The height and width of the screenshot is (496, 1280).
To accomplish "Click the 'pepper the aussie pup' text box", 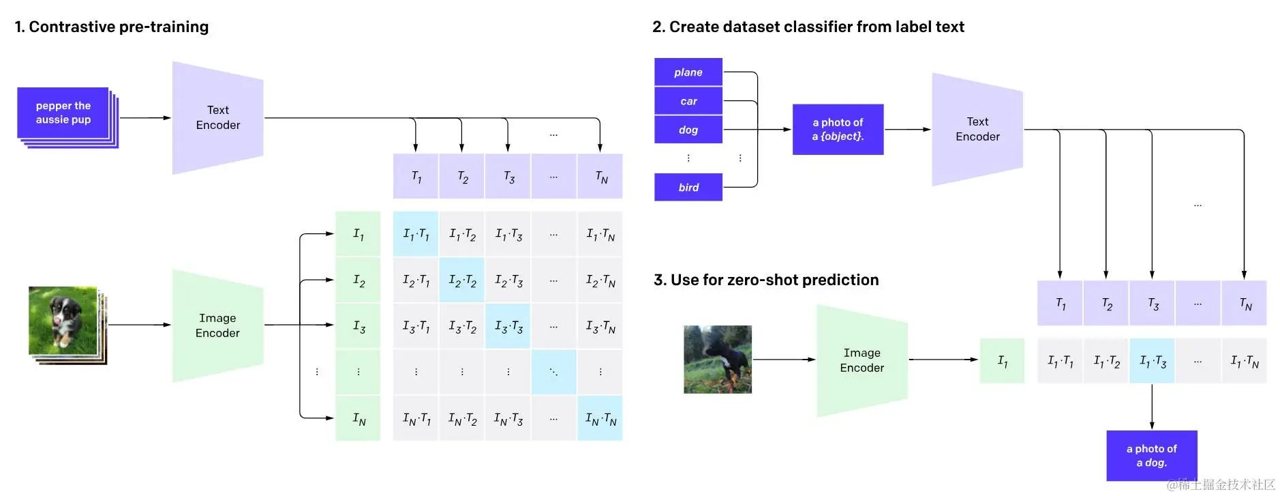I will (63, 113).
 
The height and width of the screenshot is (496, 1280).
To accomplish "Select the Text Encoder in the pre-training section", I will (217, 118).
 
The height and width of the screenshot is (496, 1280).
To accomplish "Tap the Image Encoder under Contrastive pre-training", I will (217, 325).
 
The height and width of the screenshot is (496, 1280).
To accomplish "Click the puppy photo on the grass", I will (63, 320).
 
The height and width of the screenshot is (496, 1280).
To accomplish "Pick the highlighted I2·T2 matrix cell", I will (462, 280).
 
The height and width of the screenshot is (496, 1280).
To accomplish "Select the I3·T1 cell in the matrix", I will (416, 327).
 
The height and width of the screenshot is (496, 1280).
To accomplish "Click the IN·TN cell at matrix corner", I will (600, 418).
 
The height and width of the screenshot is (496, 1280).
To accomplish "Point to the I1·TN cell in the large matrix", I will (600, 234).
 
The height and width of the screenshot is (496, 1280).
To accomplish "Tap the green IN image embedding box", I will (359, 418).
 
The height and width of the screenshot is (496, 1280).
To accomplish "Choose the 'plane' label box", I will (688, 72).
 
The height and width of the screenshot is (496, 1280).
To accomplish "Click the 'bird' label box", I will (688, 187).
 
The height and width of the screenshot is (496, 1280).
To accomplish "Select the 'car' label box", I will (688, 101).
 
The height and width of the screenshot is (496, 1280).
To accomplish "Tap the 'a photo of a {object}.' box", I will (838, 130).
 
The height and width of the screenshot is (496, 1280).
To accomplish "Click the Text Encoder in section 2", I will (977, 130).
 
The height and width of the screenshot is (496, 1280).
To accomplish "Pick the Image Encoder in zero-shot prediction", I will (862, 360).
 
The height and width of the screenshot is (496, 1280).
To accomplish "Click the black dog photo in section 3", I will (717, 360).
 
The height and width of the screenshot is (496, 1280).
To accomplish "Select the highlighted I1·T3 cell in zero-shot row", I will (1152, 360).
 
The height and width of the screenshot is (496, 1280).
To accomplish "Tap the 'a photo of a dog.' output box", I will (1151, 455).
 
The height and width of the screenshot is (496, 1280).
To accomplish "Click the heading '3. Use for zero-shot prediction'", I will (766, 280).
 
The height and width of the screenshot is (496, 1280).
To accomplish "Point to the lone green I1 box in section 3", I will (1002, 360).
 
